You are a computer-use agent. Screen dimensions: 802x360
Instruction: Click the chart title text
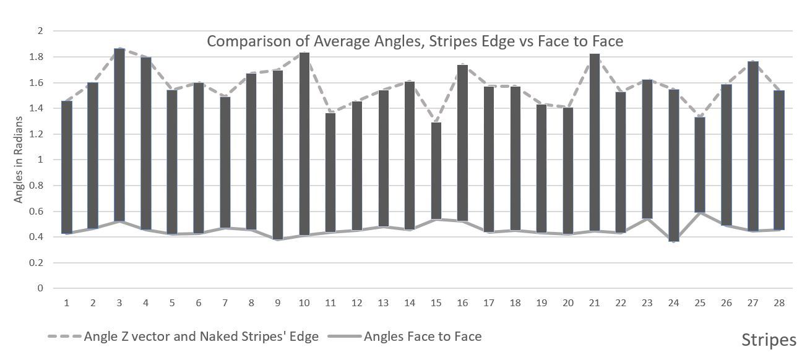pos(415,41)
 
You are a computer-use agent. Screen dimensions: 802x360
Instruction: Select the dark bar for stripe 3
pos(119,135)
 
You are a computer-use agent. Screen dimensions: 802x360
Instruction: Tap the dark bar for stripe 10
pos(304,144)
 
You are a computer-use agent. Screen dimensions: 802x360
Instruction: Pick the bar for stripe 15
pos(436,170)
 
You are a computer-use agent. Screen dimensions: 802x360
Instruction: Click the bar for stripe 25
pos(700,165)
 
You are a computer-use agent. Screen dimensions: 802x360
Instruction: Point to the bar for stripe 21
pos(594,142)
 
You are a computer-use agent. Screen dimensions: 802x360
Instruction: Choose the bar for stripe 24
pos(674,165)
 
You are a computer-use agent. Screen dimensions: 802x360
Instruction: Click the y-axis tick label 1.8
pos(36,57)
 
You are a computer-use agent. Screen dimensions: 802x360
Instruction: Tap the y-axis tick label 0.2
pos(36,263)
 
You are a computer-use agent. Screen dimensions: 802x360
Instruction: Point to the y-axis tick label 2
pos(40,31)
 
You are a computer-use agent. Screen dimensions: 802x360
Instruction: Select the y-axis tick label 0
pos(40,288)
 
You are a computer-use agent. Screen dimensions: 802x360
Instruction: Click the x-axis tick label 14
pos(410,303)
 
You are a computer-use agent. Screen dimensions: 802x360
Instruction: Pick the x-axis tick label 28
pos(779,303)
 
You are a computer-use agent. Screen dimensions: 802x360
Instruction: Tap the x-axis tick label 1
pos(67,303)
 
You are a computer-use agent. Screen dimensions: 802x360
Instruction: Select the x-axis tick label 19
pos(541,303)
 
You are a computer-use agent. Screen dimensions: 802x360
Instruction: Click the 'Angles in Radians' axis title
pos(18,160)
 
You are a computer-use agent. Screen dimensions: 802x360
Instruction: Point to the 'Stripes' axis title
pos(769,340)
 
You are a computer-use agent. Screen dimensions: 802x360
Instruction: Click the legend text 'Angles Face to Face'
pos(423,336)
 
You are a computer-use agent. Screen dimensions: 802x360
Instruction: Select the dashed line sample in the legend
pos(64,336)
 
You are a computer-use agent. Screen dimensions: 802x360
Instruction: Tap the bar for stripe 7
pos(225,162)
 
